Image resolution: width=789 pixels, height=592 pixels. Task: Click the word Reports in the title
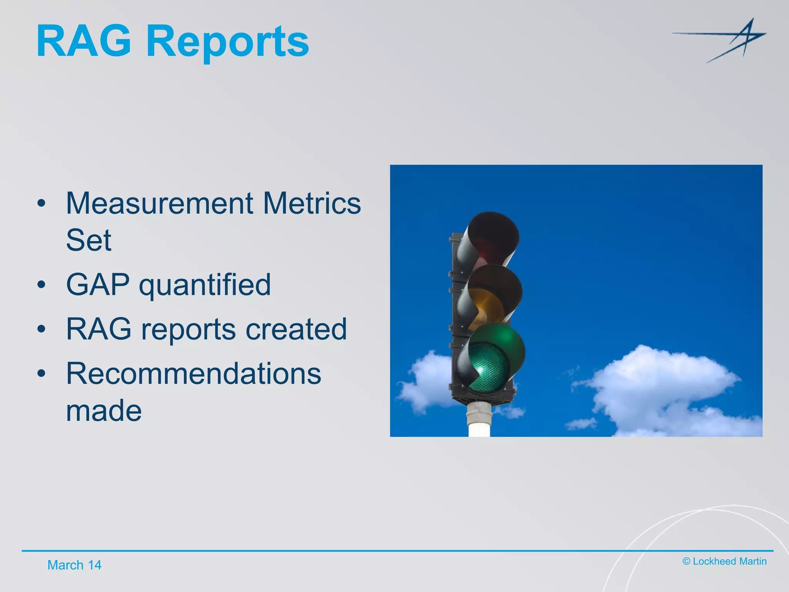[227, 42]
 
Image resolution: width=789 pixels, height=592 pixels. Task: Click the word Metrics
[312, 203]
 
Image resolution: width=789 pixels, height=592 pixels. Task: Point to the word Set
[89, 240]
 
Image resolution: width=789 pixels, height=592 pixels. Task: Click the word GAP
[97, 284]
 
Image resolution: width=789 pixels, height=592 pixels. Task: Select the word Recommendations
[193, 373]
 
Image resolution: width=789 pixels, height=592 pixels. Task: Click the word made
[104, 410]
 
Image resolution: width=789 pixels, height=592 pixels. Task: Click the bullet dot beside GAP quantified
[42, 285]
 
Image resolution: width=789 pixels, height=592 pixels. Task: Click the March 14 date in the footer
[74, 565]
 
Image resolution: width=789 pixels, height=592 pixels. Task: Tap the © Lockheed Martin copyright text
[724, 561]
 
